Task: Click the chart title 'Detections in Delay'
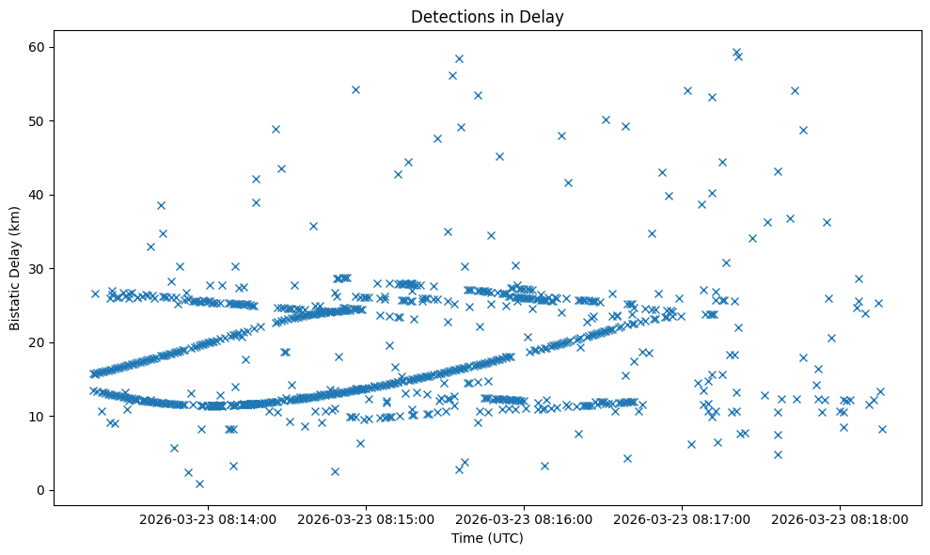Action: coord(487,16)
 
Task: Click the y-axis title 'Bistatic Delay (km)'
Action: coord(15,267)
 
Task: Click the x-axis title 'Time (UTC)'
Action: coord(487,538)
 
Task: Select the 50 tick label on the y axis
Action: coord(38,121)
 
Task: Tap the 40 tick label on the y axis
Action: coord(38,195)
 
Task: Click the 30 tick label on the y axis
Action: coord(38,269)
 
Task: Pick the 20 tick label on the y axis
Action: coord(38,342)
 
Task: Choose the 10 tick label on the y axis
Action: coord(38,416)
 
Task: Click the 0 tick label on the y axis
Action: coord(41,490)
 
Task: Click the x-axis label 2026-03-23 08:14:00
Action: coord(208,518)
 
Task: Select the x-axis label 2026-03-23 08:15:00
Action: coord(366,518)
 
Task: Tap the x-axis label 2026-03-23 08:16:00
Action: coord(524,518)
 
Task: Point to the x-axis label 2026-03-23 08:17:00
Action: coord(682,518)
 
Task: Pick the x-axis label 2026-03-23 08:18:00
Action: coord(840,518)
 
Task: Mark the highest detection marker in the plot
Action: coord(736,53)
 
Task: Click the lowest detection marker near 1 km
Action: coord(199,484)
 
